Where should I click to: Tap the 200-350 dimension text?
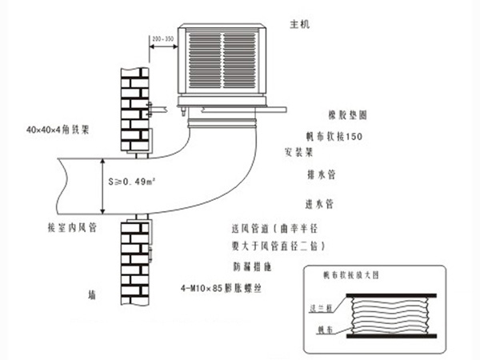pyautogui.click(x=163, y=38)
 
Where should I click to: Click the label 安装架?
pyautogui.click(x=297, y=150)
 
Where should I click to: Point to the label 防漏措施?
pyautogui.click(x=244, y=263)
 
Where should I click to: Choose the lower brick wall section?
pyautogui.click(x=134, y=260)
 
